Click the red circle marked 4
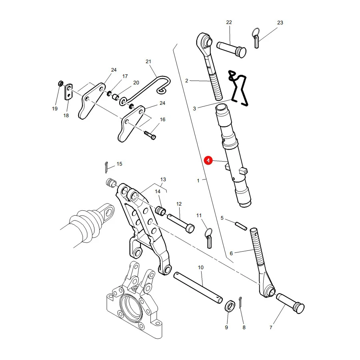click(x=208, y=160)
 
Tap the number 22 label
click(x=229, y=22)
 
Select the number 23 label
click(x=280, y=23)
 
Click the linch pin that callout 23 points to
click(x=256, y=38)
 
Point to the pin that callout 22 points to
click(x=232, y=49)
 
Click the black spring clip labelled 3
click(x=239, y=88)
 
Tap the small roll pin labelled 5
click(x=241, y=226)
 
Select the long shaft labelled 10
click(x=198, y=288)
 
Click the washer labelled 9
click(x=230, y=306)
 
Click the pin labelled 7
click(x=290, y=304)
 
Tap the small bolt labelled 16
click(x=150, y=135)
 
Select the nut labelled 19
click(x=61, y=83)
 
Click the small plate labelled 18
click(x=68, y=92)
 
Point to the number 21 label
click(x=148, y=62)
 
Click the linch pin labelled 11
click(x=208, y=238)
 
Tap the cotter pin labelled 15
click(x=106, y=167)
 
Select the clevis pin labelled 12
click(x=181, y=223)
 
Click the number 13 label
click(x=163, y=180)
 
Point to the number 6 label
click(x=231, y=254)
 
